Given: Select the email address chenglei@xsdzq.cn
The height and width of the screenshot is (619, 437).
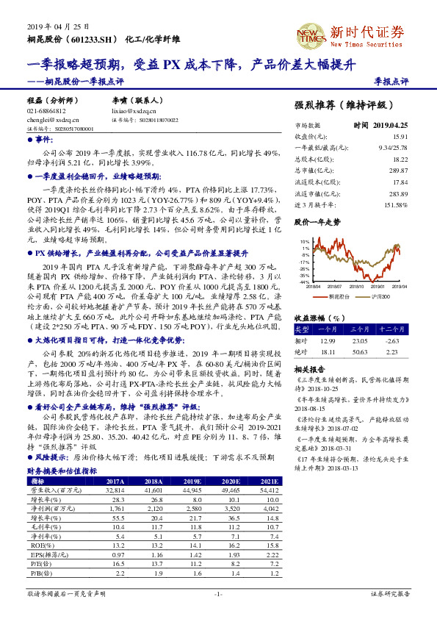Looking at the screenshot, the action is coord(48,118).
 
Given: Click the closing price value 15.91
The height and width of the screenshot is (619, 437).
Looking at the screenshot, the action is coord(400,137).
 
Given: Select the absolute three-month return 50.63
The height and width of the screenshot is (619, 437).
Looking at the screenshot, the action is coord(358,351).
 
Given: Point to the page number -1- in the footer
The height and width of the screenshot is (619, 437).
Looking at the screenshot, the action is coord(218,593).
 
